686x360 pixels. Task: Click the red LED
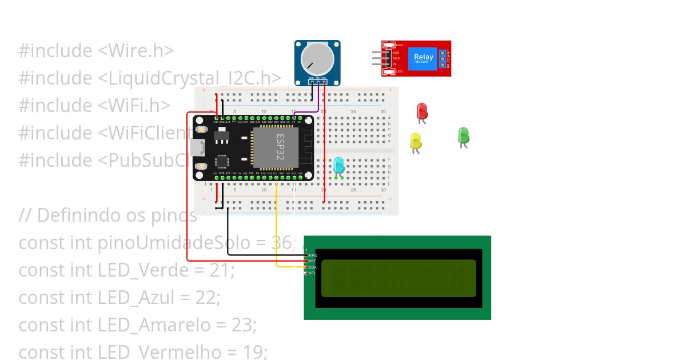(422, 111)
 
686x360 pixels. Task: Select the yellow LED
(416, 141)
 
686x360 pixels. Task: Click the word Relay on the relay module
(424, 57)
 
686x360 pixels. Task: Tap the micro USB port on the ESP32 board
(198, 147)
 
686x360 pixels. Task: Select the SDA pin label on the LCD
(313, 267)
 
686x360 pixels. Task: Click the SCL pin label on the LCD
(313, 273)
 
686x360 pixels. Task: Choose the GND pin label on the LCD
(313, 255)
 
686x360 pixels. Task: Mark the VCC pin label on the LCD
(313, 261)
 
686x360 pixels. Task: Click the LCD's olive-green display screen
(398, 278)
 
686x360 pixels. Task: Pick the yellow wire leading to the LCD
(277, 229)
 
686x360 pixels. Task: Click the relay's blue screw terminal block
(442, 58)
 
